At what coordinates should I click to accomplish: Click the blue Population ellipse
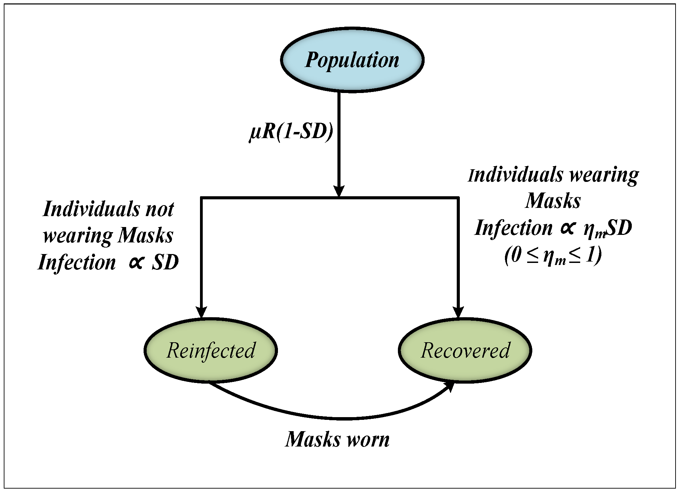pos(352,60)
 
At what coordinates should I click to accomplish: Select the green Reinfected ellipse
pos(211,350)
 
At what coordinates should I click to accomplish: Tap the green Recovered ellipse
pos(465,350)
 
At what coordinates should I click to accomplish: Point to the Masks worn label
pos(337,439)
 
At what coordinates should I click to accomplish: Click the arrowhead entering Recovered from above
pos(458,312)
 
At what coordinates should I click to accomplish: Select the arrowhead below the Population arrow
pos(339,191)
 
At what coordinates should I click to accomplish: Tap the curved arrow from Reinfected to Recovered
pos(342,418)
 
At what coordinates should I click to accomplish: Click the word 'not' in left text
pos(160,209)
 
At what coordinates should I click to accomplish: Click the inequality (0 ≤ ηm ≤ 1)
pos(553,256)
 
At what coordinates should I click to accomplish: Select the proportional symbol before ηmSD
pos(567,228)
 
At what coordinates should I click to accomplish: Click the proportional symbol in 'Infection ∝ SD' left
pos(136,263)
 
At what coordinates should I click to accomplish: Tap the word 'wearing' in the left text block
pos(78,236)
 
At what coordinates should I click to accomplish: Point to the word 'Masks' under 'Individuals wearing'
pos(553,201)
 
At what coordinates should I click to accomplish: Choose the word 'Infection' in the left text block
pos(77,263)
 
